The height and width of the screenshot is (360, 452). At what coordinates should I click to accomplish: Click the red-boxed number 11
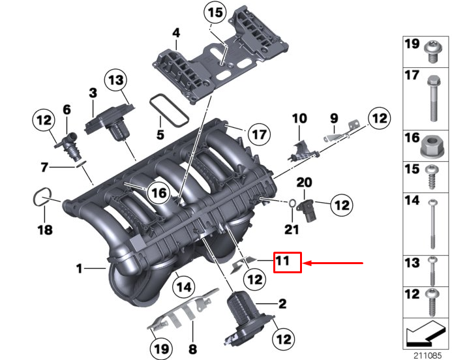pos(286,263)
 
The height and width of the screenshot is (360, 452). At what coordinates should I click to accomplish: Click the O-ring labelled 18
pos(42,198)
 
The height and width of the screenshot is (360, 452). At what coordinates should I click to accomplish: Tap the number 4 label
pos(175,33)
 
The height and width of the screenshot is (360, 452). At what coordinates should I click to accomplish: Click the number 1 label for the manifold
pos(79,268)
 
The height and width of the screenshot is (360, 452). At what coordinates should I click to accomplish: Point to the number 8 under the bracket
pos(192,349)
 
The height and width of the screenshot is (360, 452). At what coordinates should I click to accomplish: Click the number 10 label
pos(299,119)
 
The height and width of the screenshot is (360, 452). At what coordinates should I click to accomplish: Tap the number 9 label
pos(333,119)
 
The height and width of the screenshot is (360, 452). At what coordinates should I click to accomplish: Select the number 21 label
pos(291,229)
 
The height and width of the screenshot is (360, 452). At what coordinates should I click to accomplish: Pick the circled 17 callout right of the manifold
pos(259,135)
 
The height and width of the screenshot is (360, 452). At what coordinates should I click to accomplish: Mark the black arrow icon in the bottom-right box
pos(425,335)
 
